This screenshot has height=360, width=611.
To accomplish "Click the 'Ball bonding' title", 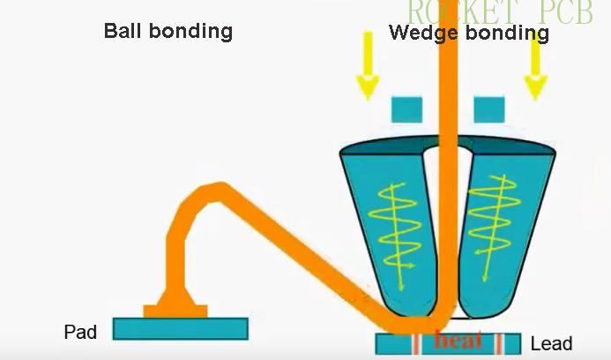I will pyautogui.click(x=168, y=31).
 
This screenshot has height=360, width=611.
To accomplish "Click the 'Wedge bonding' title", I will pyautogui.click(x=468, y=34).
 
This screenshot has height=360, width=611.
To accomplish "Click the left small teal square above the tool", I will pyautogui.click(x=406, y=109).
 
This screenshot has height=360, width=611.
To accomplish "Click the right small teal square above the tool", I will pyautogui.click(x=489, y=109).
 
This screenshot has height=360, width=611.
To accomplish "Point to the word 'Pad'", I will pyautogui.click(x=80, y=333).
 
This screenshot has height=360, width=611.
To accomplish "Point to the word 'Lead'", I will pyautogui.click(x=551, y=344).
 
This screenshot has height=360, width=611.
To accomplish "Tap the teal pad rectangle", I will pyautogui.click(x=181, y=329).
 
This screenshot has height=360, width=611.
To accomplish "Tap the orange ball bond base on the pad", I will pyautogui.click(x=175, y=310).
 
